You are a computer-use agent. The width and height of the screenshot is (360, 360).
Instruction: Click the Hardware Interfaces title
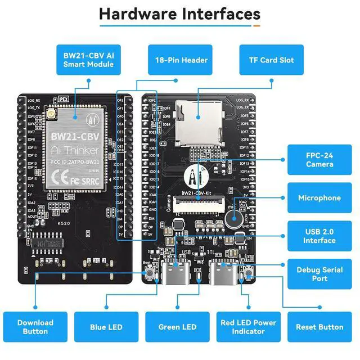tap(180, 14)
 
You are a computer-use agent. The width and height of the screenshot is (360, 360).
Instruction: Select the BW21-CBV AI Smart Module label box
tap(88, 60)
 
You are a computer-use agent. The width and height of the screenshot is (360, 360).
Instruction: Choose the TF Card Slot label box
tap(271, 60)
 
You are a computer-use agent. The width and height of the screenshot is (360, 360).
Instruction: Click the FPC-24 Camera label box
tap(319, 159)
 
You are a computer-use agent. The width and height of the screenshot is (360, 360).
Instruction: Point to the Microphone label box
tap(319, 198)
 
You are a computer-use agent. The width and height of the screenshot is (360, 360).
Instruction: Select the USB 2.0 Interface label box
tap(319, 236)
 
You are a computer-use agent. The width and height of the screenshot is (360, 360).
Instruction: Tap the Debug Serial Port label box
tap(319, 274)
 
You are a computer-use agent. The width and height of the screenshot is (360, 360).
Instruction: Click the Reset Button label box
tap(319, 327)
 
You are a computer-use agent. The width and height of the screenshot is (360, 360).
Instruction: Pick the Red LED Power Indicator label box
tap(248, 327)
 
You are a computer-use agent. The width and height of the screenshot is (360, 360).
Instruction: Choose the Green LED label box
tap(177, 327)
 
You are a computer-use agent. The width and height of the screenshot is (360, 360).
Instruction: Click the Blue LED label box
tap(106, 327)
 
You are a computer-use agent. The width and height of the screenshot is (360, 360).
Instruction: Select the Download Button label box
tap(35, 327)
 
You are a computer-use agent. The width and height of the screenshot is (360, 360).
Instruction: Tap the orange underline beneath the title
tap(256, 25)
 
